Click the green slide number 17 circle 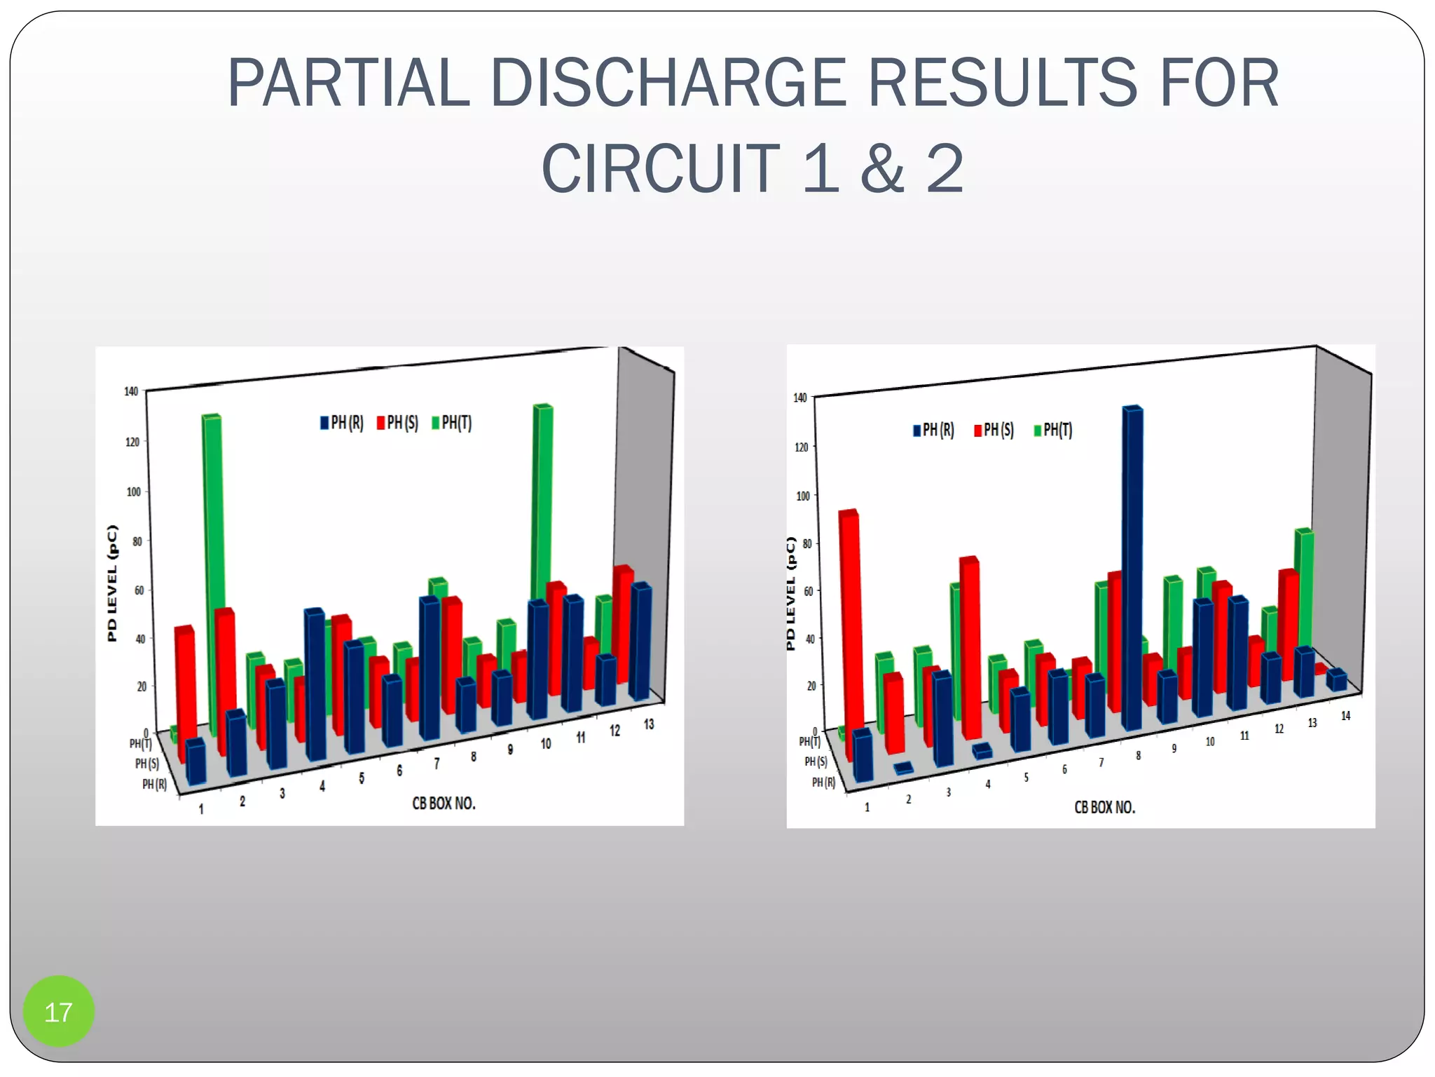tap(58, 1011)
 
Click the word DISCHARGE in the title tap(667, 83)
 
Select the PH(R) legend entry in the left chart tap(342, 423)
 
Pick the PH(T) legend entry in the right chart tap(1052, 430)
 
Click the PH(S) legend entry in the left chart tap(397, 423)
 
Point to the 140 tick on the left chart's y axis tap(131, 391)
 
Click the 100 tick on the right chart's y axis tap(803, 496)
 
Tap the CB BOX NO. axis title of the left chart tap(444, 804)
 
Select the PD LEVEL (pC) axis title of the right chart tap(791, 593)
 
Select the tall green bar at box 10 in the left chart tap(543, 505)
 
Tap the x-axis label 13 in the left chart tap(649, 724)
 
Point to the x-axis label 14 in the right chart tap(1345, 716)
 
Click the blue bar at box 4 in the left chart tap(316, 684)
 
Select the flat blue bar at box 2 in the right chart tap(904, 768)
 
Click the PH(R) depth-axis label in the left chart tap(154, 784)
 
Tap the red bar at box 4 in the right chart tap(970, 645)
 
